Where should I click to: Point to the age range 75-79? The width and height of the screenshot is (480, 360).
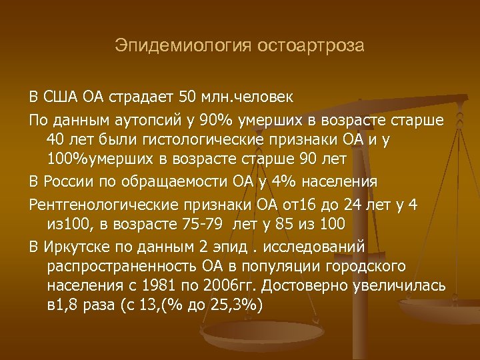pyautogui.click(x=238, y=223)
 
